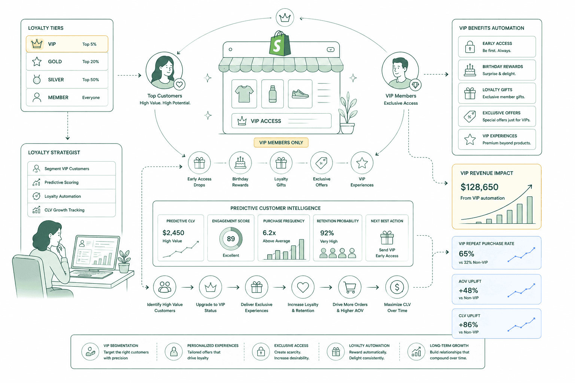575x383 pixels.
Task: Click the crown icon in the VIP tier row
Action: [x=37, y=44]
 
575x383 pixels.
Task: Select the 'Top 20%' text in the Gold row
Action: [x=91, y=62]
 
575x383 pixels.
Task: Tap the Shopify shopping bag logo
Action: [x=280, y=43]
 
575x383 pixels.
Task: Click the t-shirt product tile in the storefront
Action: [x=244, y=94]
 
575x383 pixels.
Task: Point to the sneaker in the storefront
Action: [x=300, y=94]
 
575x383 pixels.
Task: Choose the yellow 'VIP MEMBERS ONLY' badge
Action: [x=281, y=143]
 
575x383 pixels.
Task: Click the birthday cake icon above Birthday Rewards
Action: [x=240, y=163]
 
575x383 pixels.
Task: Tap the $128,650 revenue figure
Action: [x=479, y=187]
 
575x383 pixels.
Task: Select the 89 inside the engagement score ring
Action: [x=231, y=239]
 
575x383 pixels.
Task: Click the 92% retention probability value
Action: [x=327, y=233]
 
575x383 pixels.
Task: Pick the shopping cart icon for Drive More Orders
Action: [x=350, y=288]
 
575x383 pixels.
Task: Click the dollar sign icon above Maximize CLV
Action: [x=397, y=287]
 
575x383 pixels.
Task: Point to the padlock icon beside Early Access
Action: [x=470, y=47]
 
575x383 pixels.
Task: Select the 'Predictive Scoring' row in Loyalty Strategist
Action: [x=72, y=183]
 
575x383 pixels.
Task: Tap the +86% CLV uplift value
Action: [x=468, y=325]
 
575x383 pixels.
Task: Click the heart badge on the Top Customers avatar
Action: [x=179, y=85]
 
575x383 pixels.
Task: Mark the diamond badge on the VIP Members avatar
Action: [x=415, y=85]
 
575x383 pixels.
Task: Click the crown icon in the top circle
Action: [x=285, y=18]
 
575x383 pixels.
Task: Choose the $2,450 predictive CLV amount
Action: [x=173, y=233]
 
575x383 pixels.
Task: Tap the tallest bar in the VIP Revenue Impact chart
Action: [x=530, y=210]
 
